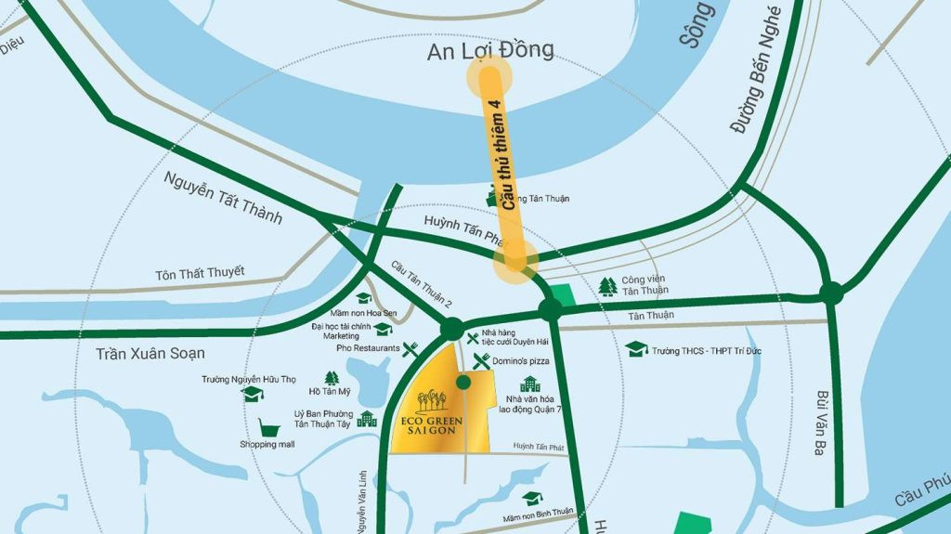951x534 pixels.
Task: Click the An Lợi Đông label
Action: tap(490, 50)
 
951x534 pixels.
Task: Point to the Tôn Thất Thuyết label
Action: tap(200, 273)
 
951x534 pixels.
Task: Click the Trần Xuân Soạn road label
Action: tap(150, 354)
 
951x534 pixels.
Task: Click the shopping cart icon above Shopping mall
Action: tap(269, 428)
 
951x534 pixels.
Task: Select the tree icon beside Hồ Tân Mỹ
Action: tap(332, 378)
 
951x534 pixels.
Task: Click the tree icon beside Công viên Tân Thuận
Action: tap(608, 286)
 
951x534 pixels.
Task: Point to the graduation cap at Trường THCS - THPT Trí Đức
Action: tap(636, 349)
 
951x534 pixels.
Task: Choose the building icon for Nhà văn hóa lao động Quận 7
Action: tap(530, 384)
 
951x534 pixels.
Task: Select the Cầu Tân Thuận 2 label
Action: tap(422, 283)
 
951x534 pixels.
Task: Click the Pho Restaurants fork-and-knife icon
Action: tap(410, 349)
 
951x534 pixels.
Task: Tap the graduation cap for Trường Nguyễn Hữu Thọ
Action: tap(251, 395)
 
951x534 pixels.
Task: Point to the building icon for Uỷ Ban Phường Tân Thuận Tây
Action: tap(367, 419)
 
